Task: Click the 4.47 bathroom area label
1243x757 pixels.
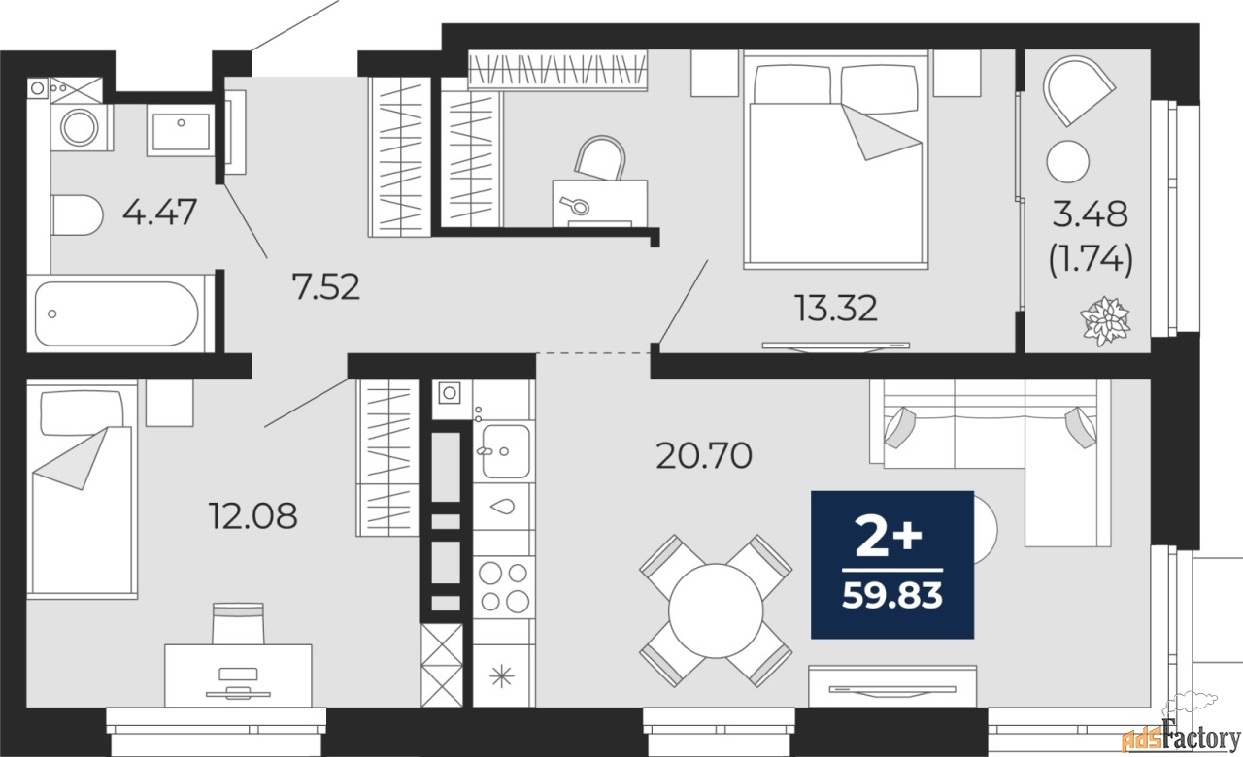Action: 160,212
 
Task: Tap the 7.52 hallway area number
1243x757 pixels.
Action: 325,286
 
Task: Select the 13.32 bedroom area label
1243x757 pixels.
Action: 836,309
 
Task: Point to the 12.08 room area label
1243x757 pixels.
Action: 252,515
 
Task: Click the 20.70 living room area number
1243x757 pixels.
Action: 704,454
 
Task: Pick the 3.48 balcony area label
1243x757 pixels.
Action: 1092,213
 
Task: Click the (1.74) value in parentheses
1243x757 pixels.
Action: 1092,260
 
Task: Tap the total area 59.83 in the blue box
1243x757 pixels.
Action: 892,594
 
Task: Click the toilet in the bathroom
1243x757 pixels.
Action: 77,215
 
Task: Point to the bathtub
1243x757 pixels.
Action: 117,313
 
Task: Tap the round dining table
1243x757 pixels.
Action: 716,609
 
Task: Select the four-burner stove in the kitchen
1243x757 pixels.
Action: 504,586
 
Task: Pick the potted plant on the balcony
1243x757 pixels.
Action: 1106,319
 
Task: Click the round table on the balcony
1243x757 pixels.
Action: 1069,161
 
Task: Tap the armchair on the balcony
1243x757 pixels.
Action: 1077,90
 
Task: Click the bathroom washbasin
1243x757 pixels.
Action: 181,131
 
